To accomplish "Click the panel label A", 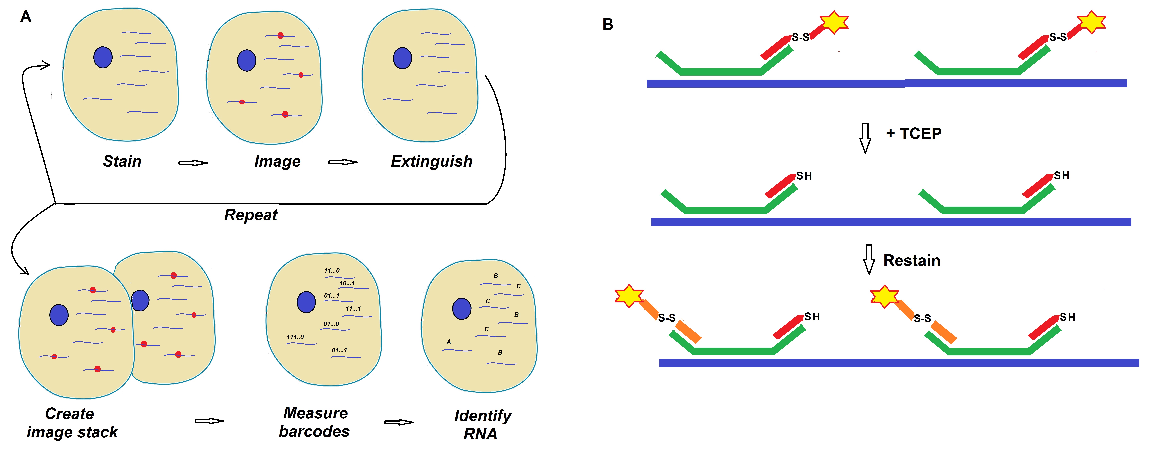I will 26,17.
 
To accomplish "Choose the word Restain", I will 912,261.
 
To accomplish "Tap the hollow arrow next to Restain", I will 869,259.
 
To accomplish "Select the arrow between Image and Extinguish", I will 343,162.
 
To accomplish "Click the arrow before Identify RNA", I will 399,422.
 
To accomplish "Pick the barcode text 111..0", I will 295,337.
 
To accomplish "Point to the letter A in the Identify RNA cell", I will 449,342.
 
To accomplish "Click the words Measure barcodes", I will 315,422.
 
